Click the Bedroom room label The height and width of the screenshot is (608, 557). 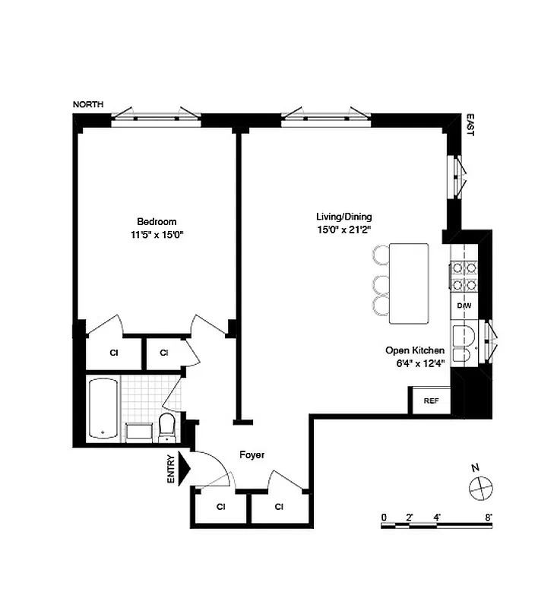pos(157,222)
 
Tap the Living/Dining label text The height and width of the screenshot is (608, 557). pos(343,216)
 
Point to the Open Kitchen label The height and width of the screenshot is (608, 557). pos(414,350)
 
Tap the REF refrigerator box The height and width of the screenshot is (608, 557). pos(431,401)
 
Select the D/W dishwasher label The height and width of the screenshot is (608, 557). pos(464,306)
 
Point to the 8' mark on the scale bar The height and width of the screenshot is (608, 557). pos(489,517)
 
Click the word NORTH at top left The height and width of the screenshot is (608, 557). pos(88,105)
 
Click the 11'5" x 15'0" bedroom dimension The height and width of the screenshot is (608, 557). pos(157,236)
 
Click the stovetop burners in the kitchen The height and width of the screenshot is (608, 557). pos(464,276)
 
